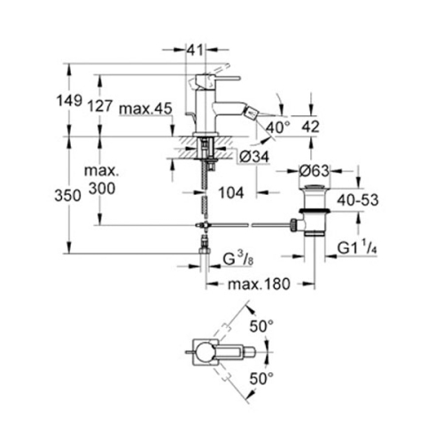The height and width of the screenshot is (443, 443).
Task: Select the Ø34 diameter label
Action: pyautogui.click(x=254, y=158)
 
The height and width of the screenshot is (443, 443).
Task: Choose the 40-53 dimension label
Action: pyautogui.click(x=356, y=200)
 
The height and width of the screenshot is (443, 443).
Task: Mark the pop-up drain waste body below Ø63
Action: pyautogui.click(x=314, y=213)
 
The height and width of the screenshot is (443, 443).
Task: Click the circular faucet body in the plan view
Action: pyautogui.click(x=206, y=353)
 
